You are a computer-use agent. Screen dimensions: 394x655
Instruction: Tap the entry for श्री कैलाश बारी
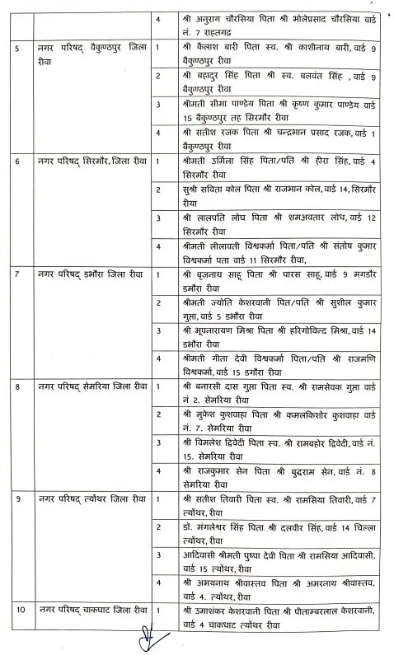pyautogui.click(x=272, y=55)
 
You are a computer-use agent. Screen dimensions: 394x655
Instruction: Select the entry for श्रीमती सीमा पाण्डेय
pyautogui.click(x=272, y=111)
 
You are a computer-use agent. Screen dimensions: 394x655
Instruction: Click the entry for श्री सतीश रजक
pyautogui.click(x=272, y=139)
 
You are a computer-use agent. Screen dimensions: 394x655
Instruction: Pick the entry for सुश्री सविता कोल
pyautogui.click(x=272, y=195)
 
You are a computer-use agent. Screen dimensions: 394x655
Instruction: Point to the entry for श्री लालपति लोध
pyautogui.click(x=272, y=223)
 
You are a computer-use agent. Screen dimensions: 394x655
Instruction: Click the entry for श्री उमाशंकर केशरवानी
pyautogui.click(x=272, y=616)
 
